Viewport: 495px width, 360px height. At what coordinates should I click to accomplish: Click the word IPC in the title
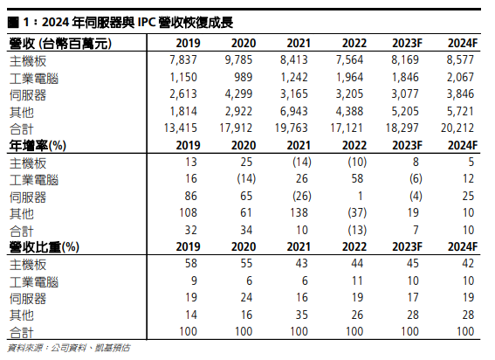tap(146, 23)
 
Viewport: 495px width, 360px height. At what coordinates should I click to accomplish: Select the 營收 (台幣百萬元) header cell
tap(60, 44)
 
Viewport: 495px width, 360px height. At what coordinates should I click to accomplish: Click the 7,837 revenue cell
tap(183, 59)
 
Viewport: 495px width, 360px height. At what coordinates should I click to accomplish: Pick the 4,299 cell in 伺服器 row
tap(238, 93)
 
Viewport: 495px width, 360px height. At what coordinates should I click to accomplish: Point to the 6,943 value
tap(294, 111)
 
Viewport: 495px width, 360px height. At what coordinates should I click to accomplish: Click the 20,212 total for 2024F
tap(457, 128)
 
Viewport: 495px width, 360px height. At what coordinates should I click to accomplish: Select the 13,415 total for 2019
tap(180, 128)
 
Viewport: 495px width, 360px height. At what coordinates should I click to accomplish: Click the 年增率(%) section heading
tap(38, 146)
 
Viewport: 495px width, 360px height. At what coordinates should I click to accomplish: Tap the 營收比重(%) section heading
tap(45, 247)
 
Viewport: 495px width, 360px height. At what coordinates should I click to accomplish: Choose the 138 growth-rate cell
tap(299, 212)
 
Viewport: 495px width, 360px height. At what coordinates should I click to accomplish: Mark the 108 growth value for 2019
tap(189, 212)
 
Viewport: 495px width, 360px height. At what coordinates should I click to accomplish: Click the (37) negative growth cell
tap(357, 212)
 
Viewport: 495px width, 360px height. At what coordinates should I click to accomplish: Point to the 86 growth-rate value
tap(190, 196)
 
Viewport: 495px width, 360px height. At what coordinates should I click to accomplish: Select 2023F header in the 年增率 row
tap(407, 145)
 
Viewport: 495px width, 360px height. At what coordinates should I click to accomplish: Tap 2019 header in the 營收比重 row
tap(189, 247)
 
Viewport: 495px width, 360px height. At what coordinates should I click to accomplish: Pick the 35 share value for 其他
tap(301, 315)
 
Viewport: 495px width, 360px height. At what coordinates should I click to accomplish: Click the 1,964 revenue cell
tap(349, 77)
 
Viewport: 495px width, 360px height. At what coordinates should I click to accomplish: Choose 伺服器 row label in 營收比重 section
tap(28, 298)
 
